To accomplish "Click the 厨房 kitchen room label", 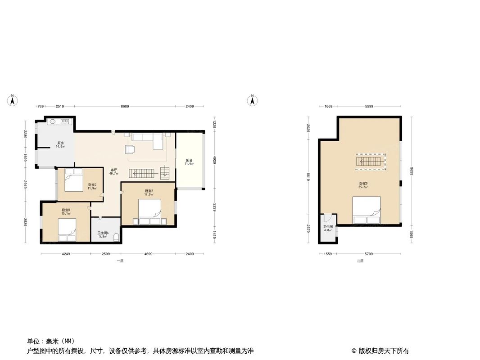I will point(60,144).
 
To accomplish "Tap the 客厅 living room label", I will point(114,171).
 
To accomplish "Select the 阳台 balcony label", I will point(189,162).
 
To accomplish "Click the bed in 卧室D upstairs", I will point(366,210).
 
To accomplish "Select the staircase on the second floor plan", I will point(371,161).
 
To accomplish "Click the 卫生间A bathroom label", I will point(103,234).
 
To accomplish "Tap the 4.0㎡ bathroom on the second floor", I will point(327,228).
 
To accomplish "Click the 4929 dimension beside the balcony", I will point(215,160).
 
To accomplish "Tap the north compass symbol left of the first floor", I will point(13,101).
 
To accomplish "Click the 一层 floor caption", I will point(120,261).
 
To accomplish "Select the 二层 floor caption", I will point(360,261).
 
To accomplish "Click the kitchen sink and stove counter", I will point(59,121).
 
